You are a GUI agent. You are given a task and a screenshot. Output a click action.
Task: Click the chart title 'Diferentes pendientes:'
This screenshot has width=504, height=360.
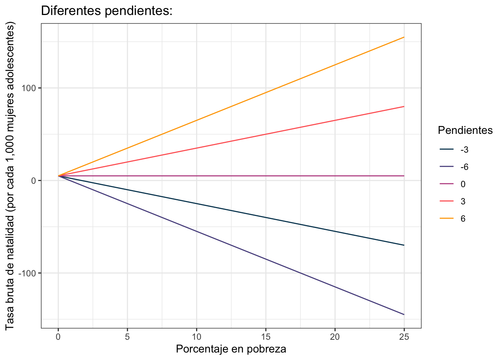coord(106,11)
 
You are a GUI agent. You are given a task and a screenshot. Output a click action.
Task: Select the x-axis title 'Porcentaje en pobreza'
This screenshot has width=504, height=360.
coord(231,349)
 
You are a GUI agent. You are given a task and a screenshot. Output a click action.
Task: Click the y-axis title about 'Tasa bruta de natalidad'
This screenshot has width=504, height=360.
coord(10,176)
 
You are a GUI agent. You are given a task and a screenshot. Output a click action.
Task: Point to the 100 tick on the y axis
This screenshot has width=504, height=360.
coord(29,88)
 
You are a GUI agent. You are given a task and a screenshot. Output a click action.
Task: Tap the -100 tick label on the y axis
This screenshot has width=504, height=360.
coord(27,273)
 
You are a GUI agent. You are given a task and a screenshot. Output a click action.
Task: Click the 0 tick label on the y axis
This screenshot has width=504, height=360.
coord(34,181)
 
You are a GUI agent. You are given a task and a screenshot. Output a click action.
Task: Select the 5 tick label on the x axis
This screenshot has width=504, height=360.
coord(127,337)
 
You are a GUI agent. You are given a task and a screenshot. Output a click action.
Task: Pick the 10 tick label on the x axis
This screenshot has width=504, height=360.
coord(196,337)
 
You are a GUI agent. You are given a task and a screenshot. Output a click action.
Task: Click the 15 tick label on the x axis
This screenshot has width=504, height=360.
coord(266,337)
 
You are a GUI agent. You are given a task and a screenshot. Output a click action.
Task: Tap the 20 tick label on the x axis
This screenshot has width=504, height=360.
coord(335,337)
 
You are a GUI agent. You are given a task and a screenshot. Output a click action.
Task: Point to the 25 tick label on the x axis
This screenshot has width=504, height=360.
coord(404,337)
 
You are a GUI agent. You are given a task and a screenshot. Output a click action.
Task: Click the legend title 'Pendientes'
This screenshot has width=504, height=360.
coord(465,130)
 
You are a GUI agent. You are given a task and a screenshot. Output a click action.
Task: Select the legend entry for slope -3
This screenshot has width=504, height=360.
coord(454,150)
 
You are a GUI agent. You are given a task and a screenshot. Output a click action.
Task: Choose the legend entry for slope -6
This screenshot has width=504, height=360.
coord(454,167)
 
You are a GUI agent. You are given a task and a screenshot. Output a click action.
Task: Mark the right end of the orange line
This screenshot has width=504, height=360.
coord(404,37)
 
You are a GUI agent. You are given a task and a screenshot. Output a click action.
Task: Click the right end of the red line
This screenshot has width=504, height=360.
coord(404,106)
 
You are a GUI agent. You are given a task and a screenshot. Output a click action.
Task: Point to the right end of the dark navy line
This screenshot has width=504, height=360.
coord(404,245)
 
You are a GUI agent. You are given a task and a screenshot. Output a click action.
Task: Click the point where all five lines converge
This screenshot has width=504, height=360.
coord(58,176)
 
